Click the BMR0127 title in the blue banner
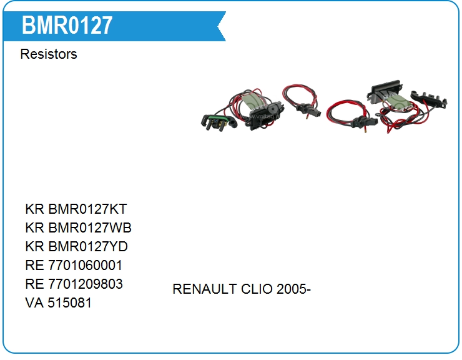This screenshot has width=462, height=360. pyautogui.click(x=67, y=26)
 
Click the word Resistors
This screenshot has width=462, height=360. pyautogui.click(x=49, y=54)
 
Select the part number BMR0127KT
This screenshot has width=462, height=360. pyautogui.click(x=87, y=209)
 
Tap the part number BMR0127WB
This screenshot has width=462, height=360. pyautogui.click(x=90, y=227)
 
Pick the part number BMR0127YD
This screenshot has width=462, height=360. pyautogui.click(x=88, y=246)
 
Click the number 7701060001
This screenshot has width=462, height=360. pyautogui.click(x=85, y=265)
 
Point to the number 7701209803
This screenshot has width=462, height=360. pyautogui.click(x=85, y=284)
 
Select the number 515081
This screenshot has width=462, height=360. pyautogui.click(x=69, y=302)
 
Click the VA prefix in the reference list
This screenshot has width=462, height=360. pyautogui.click(x=34, y=302)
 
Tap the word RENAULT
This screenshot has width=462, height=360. pyautogui.click(x=205, y=289)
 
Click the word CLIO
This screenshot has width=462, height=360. pyautogui.click(x=257, y=289)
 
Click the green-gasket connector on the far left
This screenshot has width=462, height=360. pyautogui.click(x=219, y=122)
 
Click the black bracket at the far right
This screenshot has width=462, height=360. pyautogui.click(x=429, y=99)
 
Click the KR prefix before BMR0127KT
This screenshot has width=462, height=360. pyautogui.click(x=34, y=209)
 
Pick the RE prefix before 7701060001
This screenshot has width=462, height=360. pyautogui.click(x=34, y=265)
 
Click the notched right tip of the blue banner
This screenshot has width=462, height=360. pyautogui.click(x=218, y=26)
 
